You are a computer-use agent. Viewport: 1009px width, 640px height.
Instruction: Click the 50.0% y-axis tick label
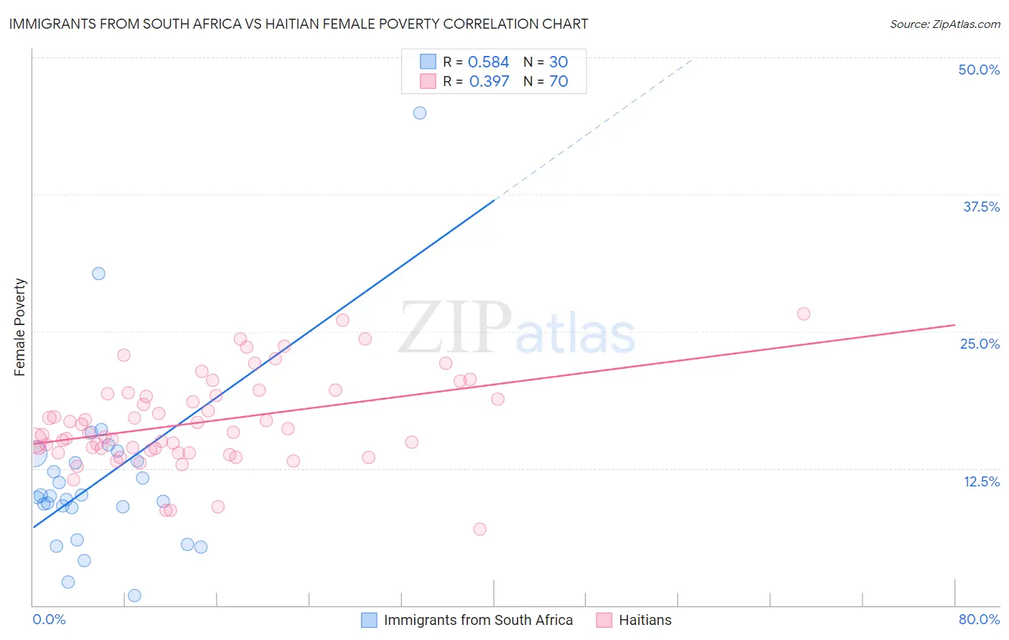(979, 70)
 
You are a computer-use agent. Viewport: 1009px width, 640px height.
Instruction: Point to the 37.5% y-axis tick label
(981, 207)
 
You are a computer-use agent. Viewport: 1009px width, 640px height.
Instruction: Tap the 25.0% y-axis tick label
(980, 344)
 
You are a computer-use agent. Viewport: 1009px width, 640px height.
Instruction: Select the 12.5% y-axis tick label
(981, 481)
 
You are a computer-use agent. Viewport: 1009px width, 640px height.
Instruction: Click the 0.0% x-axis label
(49, 619)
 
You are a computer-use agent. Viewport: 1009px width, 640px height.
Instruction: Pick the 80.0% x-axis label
(979, 619)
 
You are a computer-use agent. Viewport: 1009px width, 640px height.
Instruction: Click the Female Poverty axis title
(19, 327)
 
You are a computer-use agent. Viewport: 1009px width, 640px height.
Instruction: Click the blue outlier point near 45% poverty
(420, 113)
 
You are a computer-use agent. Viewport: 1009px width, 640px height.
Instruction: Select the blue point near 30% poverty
(98, 273)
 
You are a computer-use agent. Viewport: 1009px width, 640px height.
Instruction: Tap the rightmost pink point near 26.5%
(804, 314)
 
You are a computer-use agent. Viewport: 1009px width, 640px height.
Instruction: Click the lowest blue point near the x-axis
(134, 596)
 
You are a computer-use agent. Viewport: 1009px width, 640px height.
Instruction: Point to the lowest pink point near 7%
(480, 529)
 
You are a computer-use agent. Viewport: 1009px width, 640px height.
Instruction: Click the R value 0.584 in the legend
(488, 62)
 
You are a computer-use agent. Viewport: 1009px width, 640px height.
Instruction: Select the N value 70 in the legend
(558, 82)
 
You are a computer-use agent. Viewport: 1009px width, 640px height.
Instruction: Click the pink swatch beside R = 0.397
(428, 81)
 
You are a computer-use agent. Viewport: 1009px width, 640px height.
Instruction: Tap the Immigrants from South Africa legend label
(478, 620)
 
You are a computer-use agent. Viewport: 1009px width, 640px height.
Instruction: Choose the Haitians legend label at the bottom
(645, 620)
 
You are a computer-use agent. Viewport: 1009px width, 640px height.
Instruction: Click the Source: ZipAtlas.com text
(944, 24)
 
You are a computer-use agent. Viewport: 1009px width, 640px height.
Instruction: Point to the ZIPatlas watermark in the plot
(517, 329)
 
